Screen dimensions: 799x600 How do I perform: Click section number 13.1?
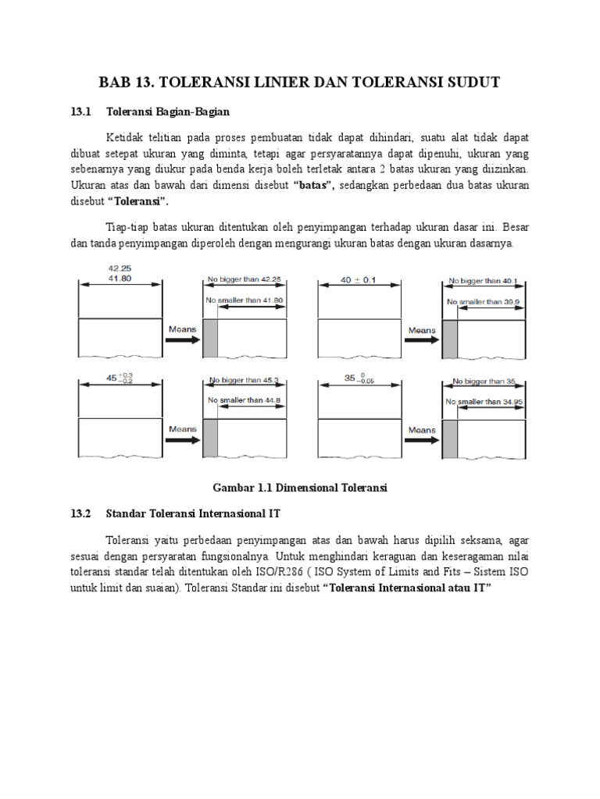point(81,112)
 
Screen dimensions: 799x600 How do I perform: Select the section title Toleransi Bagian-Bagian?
point(168,112)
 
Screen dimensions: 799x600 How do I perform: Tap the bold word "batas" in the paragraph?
point(313,185)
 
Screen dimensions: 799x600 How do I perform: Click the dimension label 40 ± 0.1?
point(359,279)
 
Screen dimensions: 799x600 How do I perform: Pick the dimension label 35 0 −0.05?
point(359,378)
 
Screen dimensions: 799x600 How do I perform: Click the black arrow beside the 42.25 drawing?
point(182,339)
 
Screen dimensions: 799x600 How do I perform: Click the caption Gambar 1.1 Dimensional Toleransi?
point(301,488)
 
